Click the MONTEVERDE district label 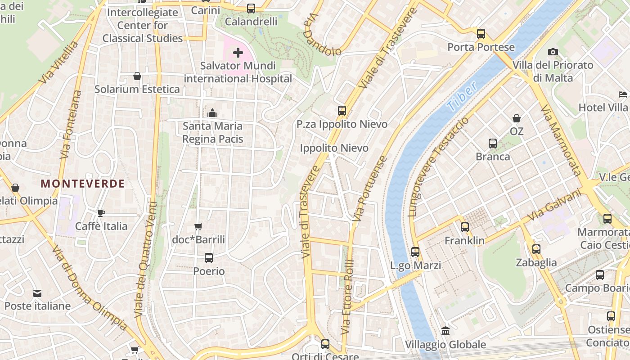point(83,184)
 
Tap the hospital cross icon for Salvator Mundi point(238,53)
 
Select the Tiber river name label point(462,98)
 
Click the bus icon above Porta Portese point(481,34)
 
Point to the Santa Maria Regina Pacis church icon point(212,113)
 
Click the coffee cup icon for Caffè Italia point(101,213)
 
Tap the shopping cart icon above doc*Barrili point(198,226)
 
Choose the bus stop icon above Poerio point(209,258)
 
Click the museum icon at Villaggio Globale point(445,331)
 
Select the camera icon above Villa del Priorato point(553,52)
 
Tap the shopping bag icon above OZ point(517,118)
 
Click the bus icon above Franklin point(465,227)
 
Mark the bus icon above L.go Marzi point(415,252)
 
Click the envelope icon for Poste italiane point(37,293)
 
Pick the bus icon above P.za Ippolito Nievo point(342,111)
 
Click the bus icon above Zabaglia point(536,249)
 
